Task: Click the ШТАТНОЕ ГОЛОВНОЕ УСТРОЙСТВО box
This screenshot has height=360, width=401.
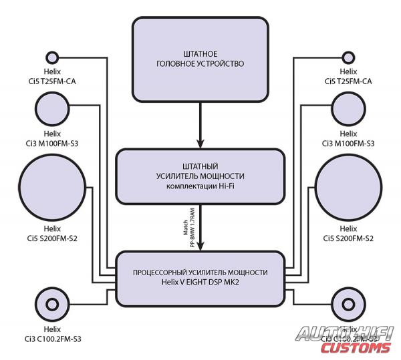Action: pyautogui.click(x=200, y=58)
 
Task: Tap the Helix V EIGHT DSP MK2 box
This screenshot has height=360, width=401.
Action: pyautogui.click(x=200, y=277)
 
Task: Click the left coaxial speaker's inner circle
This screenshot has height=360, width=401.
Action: pyautogui.click(x=51, y=303)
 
